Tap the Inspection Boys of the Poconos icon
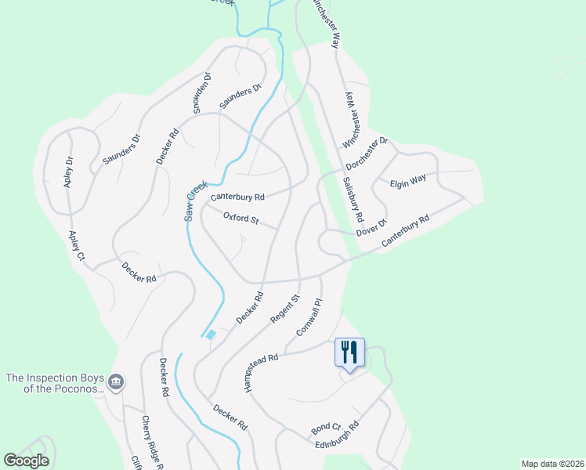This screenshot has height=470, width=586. pyautogui.click(x=116, y=382)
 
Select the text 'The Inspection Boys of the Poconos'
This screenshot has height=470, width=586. pyautogui.click(x=54, y=383)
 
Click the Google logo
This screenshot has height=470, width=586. pyautogui.click(x=27, y=461)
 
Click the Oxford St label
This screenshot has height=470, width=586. pyautogui.click(x=241, y=218)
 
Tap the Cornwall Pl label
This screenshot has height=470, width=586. pyautogui.click(x=309, y=316)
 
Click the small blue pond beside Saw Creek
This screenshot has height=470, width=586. pyautogui.click(x=210, y=335)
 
